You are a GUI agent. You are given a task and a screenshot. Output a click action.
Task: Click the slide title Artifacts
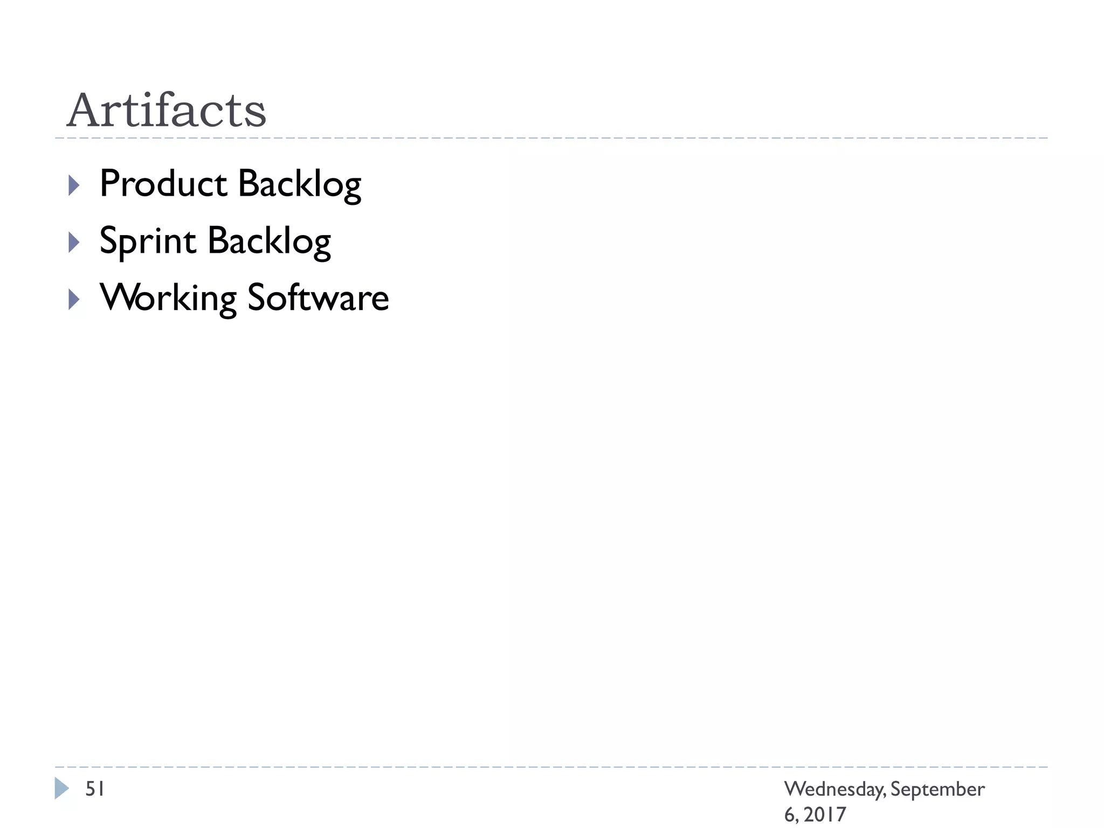click(x=166, y=111)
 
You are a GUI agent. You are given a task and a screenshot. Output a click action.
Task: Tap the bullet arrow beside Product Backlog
click(x=74, y=185)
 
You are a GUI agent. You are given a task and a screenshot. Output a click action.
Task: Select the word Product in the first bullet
click(x=163, y=184)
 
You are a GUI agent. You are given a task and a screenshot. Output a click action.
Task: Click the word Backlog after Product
click(x=299, y=185)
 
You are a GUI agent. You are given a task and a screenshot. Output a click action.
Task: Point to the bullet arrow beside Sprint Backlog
click(x=74, y=243)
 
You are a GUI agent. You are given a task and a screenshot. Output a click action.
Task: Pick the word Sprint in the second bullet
click(x=148, y=241)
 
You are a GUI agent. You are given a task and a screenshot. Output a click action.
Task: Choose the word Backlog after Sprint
click(x=269, y=242)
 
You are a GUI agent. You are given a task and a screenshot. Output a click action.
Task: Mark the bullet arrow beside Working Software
click(x=74, y=299)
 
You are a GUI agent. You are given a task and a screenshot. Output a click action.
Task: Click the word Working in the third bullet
click(x=168, y=299)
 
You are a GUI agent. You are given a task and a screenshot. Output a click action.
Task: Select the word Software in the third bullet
click(x=318, y=298)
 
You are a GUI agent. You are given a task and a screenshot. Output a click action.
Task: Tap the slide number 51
click(x=95, y=789)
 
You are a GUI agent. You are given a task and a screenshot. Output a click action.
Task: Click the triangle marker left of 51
click(x=61, y=788)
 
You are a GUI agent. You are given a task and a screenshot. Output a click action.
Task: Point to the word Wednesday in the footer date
click(x=834, y=790)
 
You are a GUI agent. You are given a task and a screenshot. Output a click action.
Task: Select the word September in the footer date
click(x=937, y=790)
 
